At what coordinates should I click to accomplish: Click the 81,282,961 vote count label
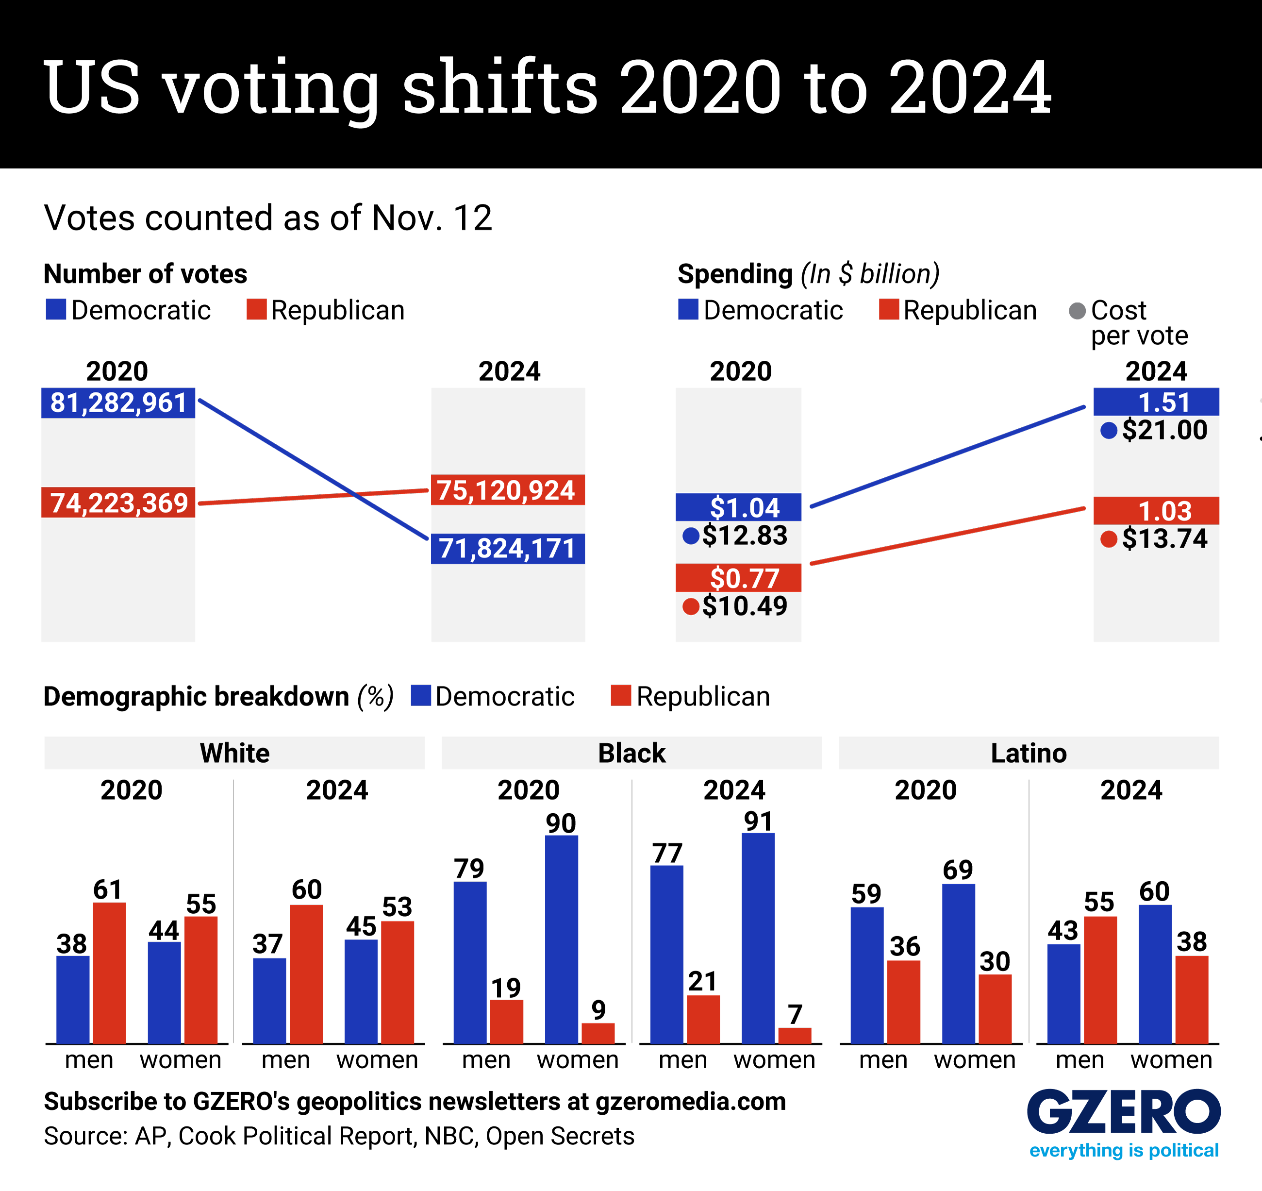click(x=118, y=403)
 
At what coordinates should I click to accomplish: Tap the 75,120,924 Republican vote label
click(x=507, y=490)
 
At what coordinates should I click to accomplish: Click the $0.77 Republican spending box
click(x=738, y=578)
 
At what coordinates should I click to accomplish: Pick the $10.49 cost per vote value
click(x=744, y=606)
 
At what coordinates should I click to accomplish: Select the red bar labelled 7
click(x=795, y=1036)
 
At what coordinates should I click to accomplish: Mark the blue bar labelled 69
click(x=959, y=964)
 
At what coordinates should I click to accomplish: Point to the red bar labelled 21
click(x=703, y=1019)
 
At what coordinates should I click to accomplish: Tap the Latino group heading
click(x=1029, y=753)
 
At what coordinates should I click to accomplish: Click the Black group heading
click(x=631, y=753)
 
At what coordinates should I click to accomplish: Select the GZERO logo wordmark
click(x=1124, y=1112)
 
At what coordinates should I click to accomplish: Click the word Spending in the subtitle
click(x=735, y=274)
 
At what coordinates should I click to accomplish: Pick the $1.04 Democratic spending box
click(x=738, y=507)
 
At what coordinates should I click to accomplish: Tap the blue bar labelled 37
click(x=269, y=1001)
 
